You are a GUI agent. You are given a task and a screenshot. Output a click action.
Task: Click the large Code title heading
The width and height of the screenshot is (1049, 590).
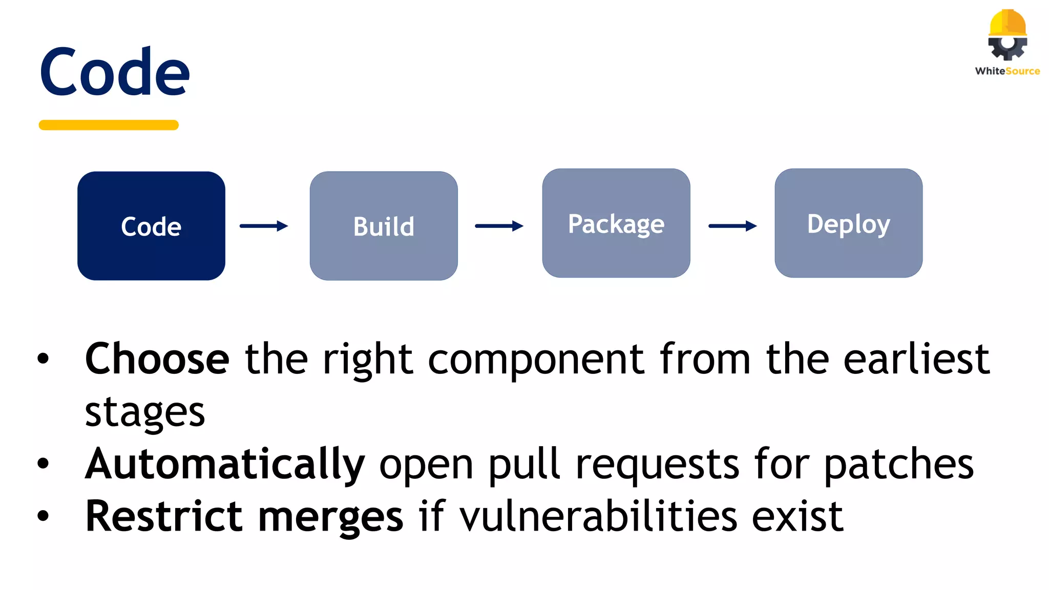coord(115,73)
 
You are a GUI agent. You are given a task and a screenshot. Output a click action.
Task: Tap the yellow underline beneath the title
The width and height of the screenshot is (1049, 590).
coord(109,125)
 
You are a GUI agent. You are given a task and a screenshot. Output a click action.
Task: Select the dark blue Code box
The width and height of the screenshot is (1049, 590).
coord(151,226)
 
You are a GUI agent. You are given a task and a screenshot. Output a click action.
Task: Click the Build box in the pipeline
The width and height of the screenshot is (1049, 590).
coord(384,226)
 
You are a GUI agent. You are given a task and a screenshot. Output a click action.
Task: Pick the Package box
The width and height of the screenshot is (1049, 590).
coord(616,223)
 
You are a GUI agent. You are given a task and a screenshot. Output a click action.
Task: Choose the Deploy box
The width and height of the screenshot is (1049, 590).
coord(849,223)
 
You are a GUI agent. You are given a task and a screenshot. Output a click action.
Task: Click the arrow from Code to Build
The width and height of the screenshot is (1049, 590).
coord(264,226)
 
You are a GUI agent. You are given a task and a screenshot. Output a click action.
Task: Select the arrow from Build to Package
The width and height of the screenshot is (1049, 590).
coord(499,226)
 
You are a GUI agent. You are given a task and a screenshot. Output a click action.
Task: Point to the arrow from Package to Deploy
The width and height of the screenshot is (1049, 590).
coord(732,226)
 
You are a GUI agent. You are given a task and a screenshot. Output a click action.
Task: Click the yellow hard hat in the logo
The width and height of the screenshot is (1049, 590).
coord(1008,23)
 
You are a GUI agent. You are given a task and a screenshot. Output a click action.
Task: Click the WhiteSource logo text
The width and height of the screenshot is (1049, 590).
coord(1008,71)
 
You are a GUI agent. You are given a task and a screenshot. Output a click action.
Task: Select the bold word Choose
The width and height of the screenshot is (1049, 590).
coord(157,359)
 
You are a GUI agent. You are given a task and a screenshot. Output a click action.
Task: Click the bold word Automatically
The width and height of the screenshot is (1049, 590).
coord(225,464)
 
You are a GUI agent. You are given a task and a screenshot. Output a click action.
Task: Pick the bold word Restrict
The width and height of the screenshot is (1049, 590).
coord(163,516)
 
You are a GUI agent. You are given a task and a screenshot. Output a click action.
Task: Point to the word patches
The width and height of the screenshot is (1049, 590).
coord(898,464)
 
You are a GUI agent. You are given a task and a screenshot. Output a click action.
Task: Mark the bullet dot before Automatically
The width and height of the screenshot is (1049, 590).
coord(44,464)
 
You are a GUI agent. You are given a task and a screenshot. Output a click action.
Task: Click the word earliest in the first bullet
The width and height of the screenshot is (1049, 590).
coord(916,359)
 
